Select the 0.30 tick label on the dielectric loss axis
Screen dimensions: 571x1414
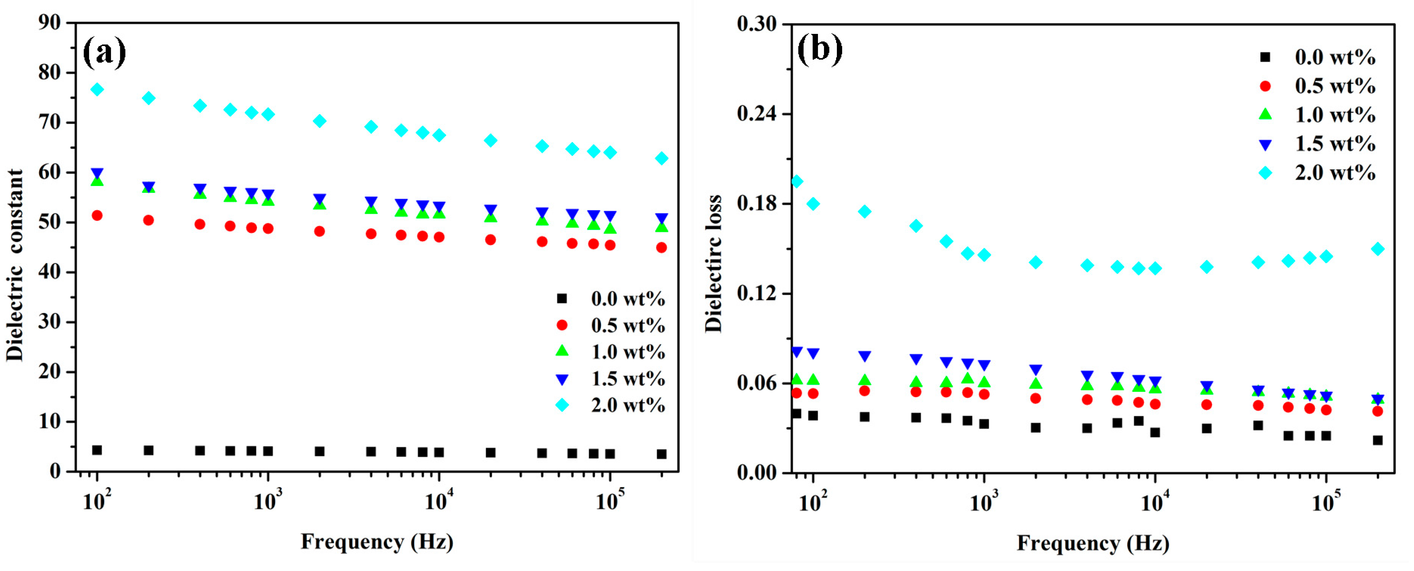tap(756, 24)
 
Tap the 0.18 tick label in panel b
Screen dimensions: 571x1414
tap(756, 203)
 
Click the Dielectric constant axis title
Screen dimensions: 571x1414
tap(15, 265)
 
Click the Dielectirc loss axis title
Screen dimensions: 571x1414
tap(713, 264)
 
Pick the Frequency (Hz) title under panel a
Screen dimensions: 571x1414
tap(377, 542)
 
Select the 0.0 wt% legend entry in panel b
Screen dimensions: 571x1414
tap(1335, 57)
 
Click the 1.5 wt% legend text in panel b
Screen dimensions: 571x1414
tap(1335, 144)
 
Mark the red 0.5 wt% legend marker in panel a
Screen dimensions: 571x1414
tap(561, 325)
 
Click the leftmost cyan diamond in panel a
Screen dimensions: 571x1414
tap(97, 90)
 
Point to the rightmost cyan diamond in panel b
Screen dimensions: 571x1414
tap(1377, 249)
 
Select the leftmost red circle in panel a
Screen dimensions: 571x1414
tap(97, 215)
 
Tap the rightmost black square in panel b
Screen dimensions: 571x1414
tap(1377, 440)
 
